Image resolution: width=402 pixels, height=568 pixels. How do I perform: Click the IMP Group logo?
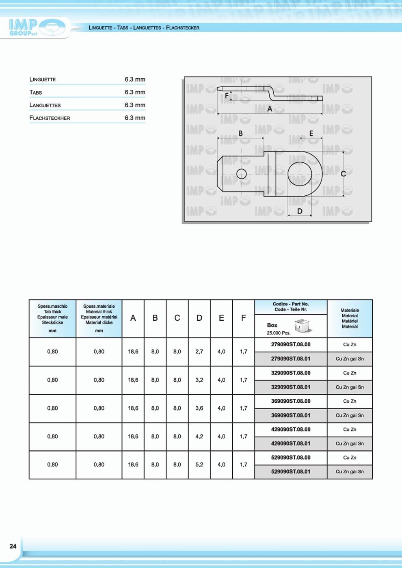point(37,28)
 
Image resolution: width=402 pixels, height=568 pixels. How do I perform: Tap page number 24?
point(13,546)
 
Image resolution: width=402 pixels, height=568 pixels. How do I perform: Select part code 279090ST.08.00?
point(290,345)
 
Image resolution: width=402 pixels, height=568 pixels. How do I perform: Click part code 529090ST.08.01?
point(290,472)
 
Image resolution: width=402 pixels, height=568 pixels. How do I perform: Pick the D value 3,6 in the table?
point(199,408)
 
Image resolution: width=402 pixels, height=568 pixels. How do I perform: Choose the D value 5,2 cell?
point(199,465)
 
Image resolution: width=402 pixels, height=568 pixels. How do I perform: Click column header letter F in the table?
point(243,318)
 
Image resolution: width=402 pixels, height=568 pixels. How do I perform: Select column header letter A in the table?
point(133,318)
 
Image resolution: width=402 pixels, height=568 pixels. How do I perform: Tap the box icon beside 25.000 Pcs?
point(302,326)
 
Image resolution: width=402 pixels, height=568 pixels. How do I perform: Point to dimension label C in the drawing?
point(343,174)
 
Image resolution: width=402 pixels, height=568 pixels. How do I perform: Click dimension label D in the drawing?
point(300,211)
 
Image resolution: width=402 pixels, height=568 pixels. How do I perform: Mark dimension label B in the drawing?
point(240,133)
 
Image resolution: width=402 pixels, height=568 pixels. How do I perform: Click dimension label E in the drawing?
point(311,133)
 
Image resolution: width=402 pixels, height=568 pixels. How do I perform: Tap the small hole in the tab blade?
point(241,174)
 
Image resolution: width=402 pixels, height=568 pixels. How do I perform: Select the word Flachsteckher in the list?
point(50,118)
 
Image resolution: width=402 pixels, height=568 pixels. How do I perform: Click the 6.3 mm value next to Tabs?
point(135,92)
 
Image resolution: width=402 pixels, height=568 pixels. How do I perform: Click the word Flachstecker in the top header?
point(183,28)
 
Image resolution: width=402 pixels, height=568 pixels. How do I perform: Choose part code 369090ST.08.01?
point(290,415)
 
